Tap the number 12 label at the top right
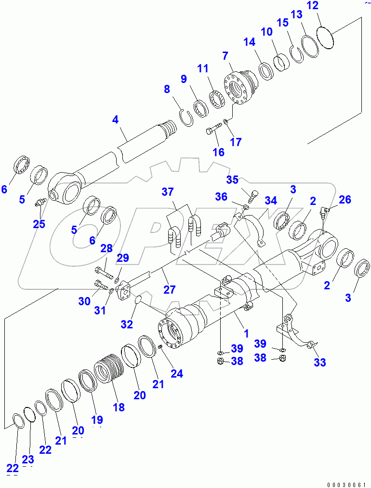[x=326, y=6]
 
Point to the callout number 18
[x=119, y=407]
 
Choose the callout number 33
[x=320, y=362]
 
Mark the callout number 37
[x=168, y=192]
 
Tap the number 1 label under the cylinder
[x=246, y=333]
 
